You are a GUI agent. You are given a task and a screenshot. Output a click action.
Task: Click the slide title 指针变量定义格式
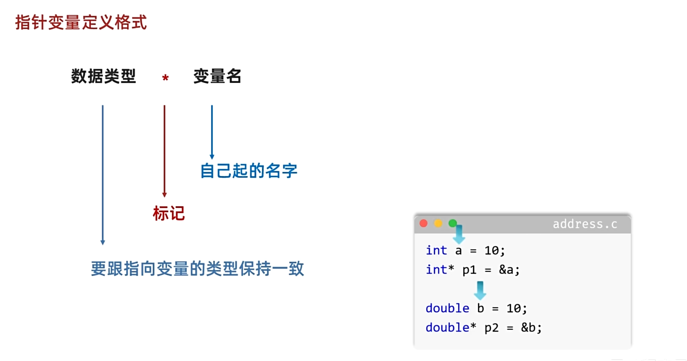[x=81, y=23]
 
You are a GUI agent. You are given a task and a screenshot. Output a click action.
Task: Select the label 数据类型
[x=103, y=76]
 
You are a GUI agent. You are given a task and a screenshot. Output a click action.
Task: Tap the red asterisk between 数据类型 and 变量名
[x=165, y=78]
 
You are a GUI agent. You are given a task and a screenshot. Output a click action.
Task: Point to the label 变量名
[x=217, y=76]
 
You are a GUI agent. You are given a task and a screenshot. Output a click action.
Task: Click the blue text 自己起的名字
[x=249, y=171]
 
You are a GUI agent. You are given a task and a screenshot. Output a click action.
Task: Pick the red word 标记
[x=169, y=214]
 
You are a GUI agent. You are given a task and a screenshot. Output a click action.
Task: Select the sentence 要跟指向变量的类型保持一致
[x=197, y=269]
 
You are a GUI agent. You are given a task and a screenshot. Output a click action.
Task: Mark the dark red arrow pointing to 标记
[x=164, y=151]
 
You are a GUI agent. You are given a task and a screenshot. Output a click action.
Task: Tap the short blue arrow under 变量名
[x=212, y=132]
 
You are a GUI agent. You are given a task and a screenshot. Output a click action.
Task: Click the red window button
[x=424, y=223]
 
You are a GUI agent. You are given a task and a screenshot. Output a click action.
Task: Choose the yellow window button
[x=438, y=223]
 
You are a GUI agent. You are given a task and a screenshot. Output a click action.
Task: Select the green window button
[x=452, y=223]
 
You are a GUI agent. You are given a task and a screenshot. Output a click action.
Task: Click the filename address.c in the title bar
[x=585, y=224]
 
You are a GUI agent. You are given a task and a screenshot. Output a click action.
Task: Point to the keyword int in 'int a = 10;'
[x=436, y=251]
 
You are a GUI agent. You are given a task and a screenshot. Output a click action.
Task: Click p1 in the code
[x=469, y=270]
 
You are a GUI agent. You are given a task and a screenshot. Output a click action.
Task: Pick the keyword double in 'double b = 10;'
[x=447, y=308]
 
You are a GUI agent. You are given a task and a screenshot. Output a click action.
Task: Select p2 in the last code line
[x=491, y=328]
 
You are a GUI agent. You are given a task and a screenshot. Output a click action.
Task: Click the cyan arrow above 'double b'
[x=480, y=290]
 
